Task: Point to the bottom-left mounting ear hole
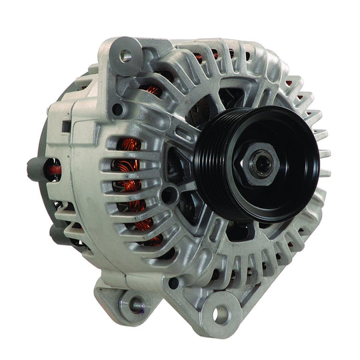click(x=136, y=304)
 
